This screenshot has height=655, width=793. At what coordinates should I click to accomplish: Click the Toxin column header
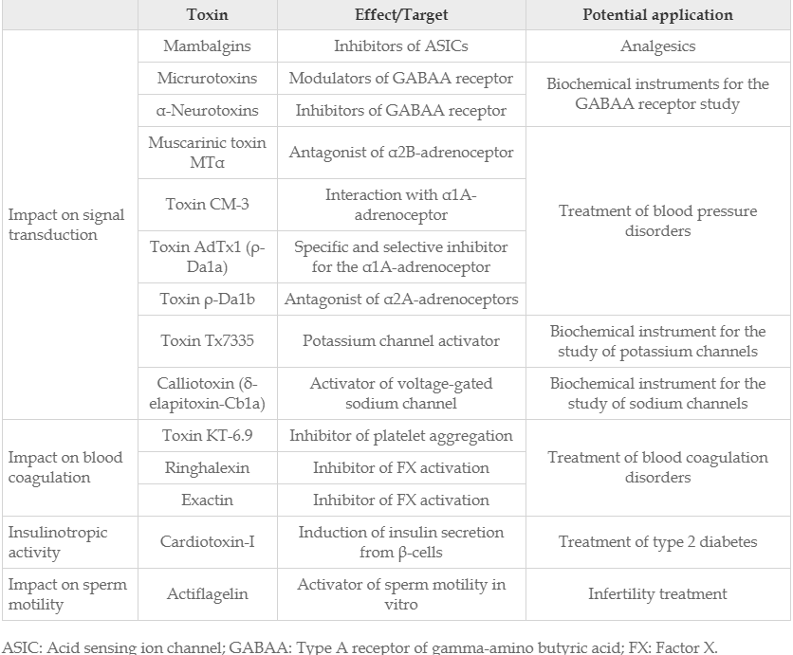pos(207,15)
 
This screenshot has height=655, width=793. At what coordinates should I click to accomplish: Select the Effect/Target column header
pos(401,15)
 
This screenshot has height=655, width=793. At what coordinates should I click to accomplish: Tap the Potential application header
pos(657,15)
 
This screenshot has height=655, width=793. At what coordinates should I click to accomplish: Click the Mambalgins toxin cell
pos(207,45)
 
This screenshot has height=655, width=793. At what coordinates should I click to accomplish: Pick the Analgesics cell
pos(657,45)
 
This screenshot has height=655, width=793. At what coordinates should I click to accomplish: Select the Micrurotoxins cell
pos(207,79)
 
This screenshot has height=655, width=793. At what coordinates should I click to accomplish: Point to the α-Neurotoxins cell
pos(207,110)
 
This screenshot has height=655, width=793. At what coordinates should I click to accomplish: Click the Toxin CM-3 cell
pos(207,204)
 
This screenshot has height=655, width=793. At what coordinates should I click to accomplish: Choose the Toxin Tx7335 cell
pos(207,341)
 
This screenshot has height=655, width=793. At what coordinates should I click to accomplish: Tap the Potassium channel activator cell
pos(401,341)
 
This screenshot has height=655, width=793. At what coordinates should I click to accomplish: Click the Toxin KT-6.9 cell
pos(207,436)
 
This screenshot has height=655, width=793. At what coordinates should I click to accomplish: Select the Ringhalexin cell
pos(207,467)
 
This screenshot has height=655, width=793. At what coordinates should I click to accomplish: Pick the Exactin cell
pos(207,499)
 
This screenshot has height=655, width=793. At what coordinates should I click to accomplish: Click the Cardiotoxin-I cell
pos(207,542)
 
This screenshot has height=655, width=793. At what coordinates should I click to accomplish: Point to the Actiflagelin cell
pos(207,594)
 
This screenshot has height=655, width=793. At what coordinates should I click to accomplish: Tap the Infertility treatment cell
pos(657,594)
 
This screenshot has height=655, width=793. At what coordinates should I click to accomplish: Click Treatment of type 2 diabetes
pos(657,542)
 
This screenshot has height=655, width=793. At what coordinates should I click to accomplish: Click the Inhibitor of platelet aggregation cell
pos(401,436)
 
